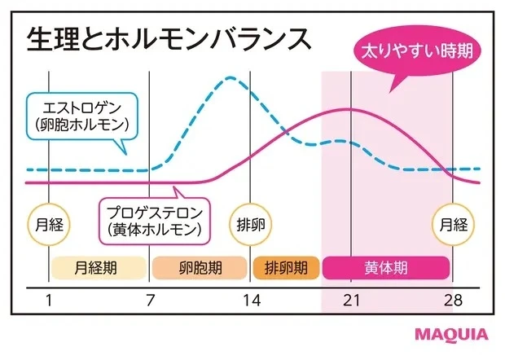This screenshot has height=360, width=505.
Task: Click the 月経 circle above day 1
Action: pyautogui.click(x=48, y=222)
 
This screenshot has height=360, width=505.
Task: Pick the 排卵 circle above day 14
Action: pyautogui.click(x=251, y=222)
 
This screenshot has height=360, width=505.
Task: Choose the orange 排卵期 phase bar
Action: pyautogui.click(x=285, y=266)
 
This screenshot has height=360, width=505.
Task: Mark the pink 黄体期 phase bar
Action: pyautogui.click(x=386, y=266)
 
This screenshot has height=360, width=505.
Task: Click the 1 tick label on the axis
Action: pyautogui.click(x=48, y=301)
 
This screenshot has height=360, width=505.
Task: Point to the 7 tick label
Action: pyautogui.click(x=150, y=301)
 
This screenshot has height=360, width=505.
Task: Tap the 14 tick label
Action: pyautogui.click(x=251, y=301)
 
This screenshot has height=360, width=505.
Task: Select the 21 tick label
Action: pyautogui.click(x=350, y=301)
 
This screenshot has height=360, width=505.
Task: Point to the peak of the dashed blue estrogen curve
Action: pyautogui.click(x=231, y=79)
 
